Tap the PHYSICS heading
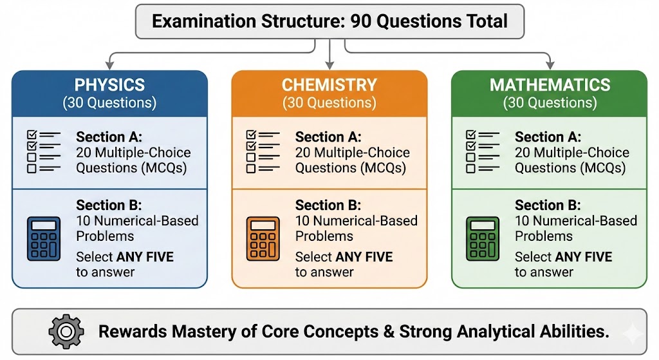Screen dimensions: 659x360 (x=109, y=85)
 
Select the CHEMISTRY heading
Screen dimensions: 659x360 (x=329, y=85)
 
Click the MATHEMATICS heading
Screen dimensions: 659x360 (x=550, y=85)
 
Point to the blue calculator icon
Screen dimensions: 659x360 (x=44, y=238)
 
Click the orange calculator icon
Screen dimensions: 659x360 (x=263, y=238)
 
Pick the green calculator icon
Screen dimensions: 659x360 (x=483, y=238)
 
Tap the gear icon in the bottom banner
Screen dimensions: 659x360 (x=66, y=332)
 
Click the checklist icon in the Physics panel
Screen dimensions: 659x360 (x=44, y=151)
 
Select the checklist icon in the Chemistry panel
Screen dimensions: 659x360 (x=263, y=151)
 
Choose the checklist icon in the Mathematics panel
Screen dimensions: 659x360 (x=483, y=151)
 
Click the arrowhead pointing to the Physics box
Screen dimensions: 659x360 (x=109, y=65)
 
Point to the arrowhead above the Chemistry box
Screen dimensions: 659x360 (x=330, y=65)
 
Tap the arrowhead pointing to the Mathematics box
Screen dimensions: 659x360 (x=550, y=65)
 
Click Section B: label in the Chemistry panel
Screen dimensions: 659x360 (x=328, y=205)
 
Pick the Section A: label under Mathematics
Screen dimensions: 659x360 (x=548, y=137)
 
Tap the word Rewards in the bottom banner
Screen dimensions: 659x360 (x=133, y=332)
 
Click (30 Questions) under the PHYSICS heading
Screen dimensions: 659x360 (x=109, y=102)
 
